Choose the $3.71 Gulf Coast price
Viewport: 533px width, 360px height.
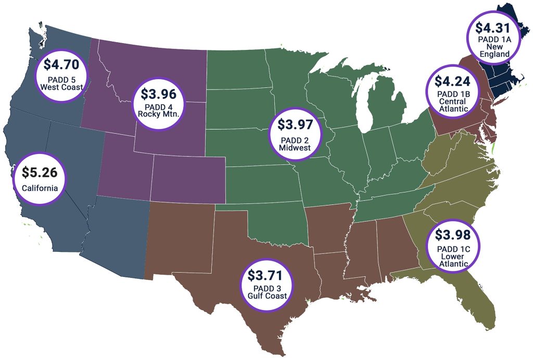pyautogui.click(x=267, y=274)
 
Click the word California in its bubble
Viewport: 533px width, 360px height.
pyautogui.click(x=40, y=187)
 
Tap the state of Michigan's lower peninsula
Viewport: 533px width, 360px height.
pyautogui.click(x=388, y=107)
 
